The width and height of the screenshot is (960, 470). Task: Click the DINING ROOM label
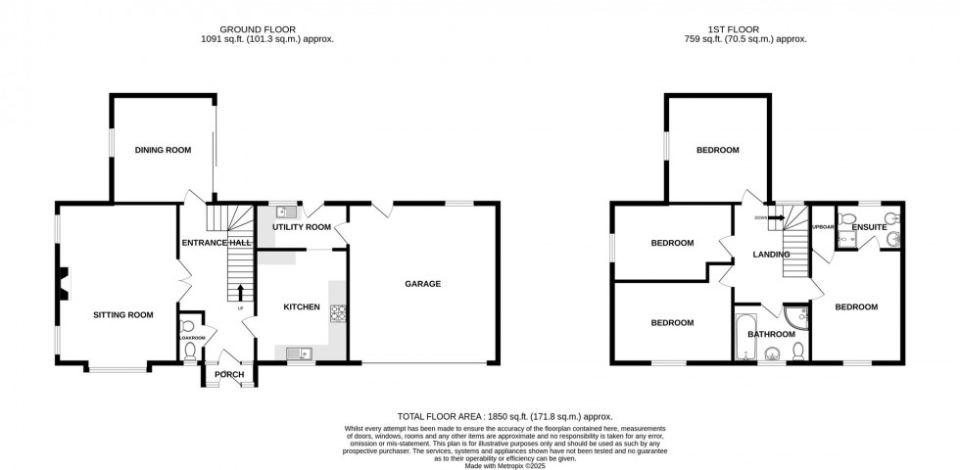[163, 150]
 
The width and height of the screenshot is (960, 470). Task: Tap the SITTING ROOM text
[123, 314]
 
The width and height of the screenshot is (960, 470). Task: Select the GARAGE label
[423, 284]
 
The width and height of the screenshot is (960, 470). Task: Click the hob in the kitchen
[339, 313]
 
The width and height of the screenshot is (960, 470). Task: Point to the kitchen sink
[297, 352]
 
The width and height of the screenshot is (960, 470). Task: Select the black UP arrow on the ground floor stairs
[239, 291]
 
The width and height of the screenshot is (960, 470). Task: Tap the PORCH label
[229, 374]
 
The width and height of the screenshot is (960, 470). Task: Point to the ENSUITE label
[869, 227]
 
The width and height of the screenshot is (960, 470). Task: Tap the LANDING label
[771, 255]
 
